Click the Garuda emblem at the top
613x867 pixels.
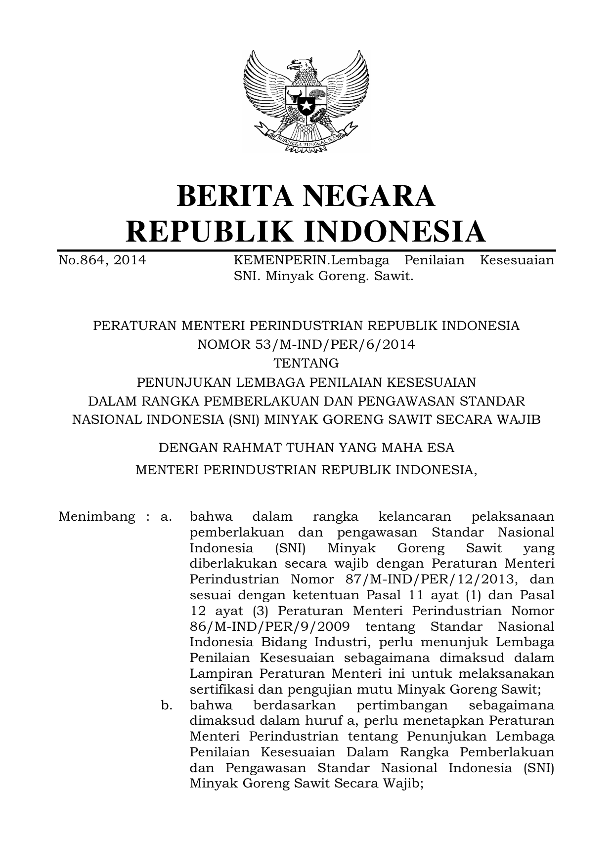[x=306, y=101]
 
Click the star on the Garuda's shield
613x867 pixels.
[x=306, y=105]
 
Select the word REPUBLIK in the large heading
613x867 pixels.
[x=208, y=232]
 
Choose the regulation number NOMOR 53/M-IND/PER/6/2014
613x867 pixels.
[x=306, y=344]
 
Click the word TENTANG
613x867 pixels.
[x=306, y=363]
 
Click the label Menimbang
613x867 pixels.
[x=96, y=517]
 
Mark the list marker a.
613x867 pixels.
[x=166, y=517]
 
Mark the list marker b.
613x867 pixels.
[x=166, y=705]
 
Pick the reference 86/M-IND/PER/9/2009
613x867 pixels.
[x=270, y=626]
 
